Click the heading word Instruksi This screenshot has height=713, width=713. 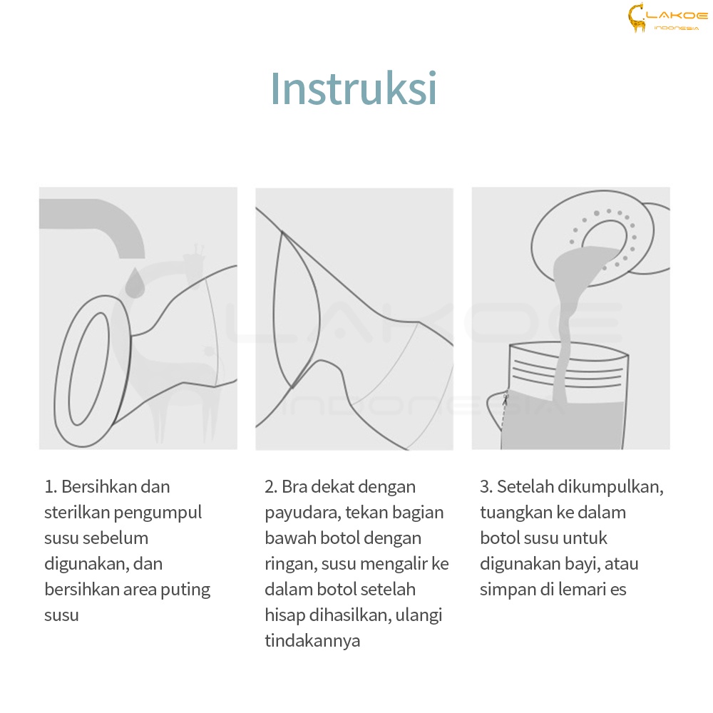point(354,88)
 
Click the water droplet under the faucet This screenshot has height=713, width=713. point(135,283)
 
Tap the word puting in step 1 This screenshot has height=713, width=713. point(185,590)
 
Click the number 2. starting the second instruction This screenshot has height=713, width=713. point(271,487)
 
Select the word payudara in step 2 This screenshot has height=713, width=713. point(302,513)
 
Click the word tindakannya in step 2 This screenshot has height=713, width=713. point(312,641)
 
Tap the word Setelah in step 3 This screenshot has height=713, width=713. point(525,487)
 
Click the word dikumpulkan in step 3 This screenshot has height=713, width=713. point(610,487)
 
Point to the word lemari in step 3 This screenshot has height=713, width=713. point(583,590)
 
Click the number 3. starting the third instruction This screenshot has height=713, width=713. point(486,487)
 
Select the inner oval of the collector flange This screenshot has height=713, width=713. point(88,369)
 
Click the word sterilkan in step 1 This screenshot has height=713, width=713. point(77,513)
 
